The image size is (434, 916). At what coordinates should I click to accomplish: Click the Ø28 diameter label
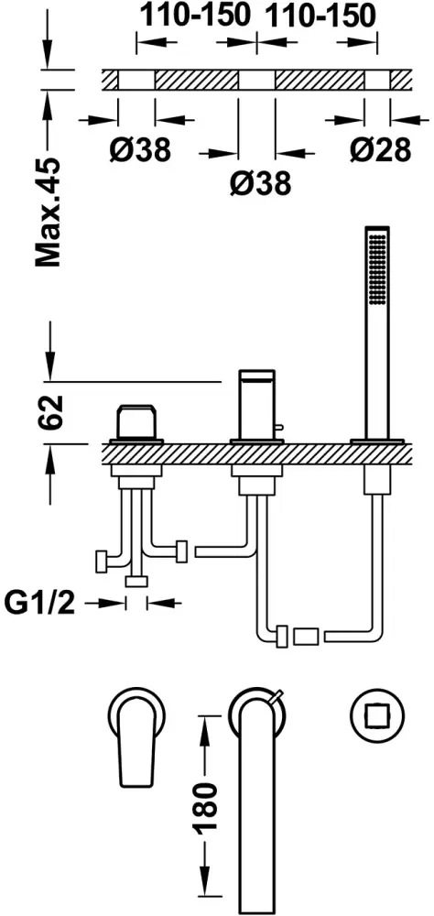[380, 150]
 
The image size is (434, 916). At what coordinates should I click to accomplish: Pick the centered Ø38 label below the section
[260, 183]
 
